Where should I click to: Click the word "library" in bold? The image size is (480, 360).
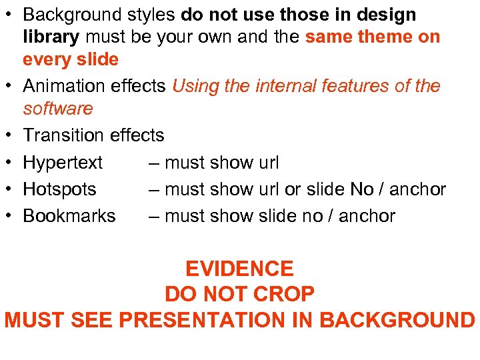(x=51, y=37)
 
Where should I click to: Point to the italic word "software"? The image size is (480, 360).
(x=58, y=109)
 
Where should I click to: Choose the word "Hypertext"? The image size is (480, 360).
(x=63, y=163)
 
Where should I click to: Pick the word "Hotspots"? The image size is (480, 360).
(x=59, y=189)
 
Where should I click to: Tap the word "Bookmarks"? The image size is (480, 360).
(x=69, y=216)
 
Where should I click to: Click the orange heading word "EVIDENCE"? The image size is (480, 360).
(x=239, y=269)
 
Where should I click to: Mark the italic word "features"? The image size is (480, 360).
(x=362, y=86)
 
